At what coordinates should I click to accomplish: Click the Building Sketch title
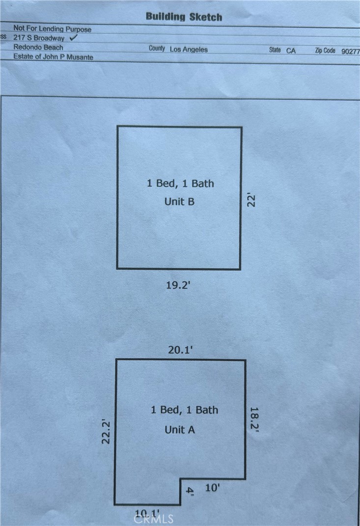[x=184, y=17]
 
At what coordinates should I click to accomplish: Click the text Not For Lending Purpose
[x=52, y=29]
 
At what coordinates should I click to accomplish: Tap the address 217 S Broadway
[x=39, y=38]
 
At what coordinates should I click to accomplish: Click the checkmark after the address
[x=73, y=37]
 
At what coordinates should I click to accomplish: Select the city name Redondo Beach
[x=38, y=47]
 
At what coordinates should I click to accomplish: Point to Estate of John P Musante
[x=54, y=57]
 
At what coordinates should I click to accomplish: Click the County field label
[x=157, y=48]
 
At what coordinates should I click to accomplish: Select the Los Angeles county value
[x=189, y=49]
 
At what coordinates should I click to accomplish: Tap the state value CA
[x=291, y=51]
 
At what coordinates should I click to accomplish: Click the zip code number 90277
[x=351, y=51]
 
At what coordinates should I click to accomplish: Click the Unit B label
[x=179, y=202]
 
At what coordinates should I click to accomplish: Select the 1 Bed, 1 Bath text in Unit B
[x=180, y=183]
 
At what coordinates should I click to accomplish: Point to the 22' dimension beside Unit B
[x=251, y=200]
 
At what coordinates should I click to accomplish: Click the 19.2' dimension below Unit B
[x=178, y=285]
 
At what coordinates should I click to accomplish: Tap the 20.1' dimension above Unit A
[x=180, y=350]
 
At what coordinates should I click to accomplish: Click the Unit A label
[x=180, y=430]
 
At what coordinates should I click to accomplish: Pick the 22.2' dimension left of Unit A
[x=106, y=432]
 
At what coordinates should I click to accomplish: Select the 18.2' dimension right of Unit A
[x=254, y=419]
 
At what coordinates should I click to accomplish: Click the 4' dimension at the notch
[x=190, y=491]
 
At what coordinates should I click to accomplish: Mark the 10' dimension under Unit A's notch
[x=212, y=488]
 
